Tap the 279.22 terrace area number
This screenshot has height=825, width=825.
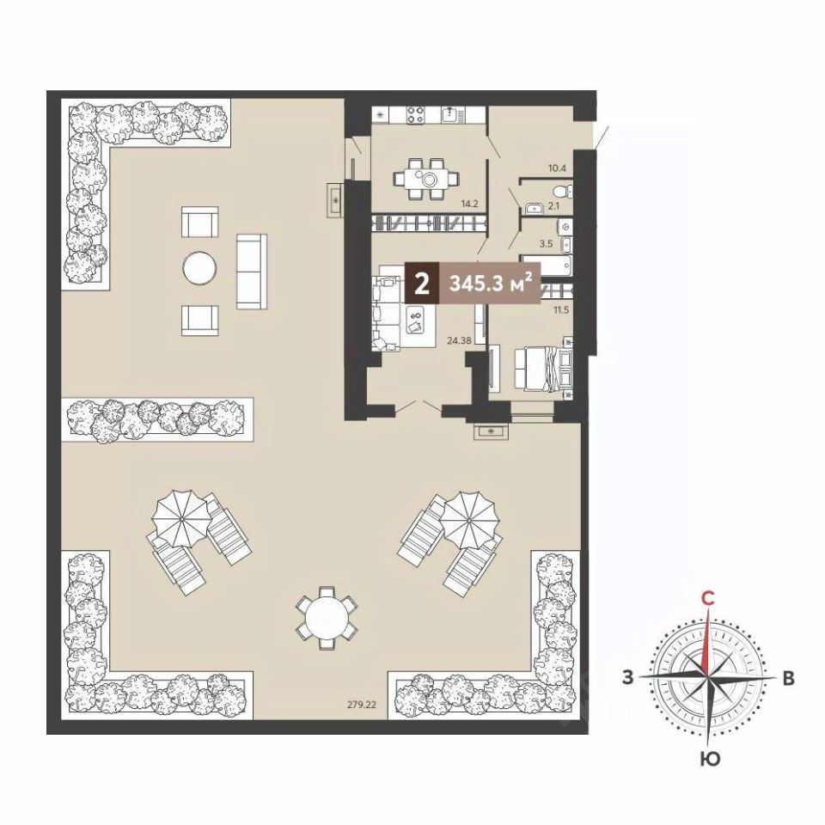coord(362,705)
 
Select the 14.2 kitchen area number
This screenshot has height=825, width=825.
coord(468,204)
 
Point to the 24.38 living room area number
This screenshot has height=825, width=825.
coord(459,340)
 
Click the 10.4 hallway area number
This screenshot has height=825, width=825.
coord(557,168)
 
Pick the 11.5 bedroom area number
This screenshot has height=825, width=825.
coord(561,310)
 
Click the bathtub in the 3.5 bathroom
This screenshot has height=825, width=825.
coord(546,265)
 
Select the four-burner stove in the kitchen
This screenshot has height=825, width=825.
coord(414,115)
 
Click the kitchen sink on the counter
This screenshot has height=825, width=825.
coord(450,114)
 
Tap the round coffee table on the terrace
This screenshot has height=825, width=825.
coord(199,269)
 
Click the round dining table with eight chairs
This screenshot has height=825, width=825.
coord(327,617)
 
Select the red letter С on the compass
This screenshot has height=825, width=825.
coord(709,598)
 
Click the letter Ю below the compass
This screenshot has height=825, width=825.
coord(710,758)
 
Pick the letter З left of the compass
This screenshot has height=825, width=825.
coord(627,677)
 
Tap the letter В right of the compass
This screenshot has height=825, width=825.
coord(788,678)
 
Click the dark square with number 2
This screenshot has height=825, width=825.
coord(422,284)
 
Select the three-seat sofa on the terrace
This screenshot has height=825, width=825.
coord(252,272)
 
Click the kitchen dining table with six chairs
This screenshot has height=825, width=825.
coord(425,179)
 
